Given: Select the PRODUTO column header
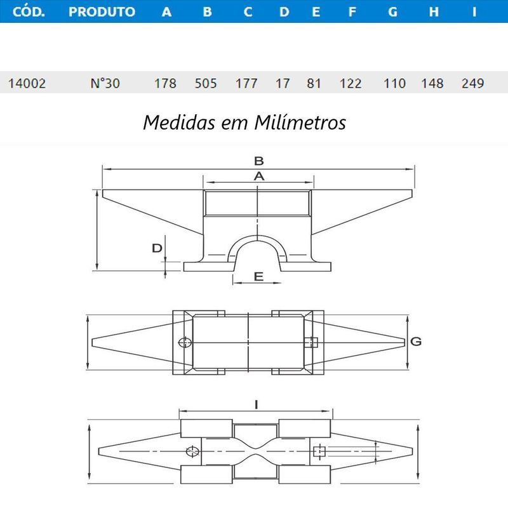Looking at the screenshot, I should pos(102,11).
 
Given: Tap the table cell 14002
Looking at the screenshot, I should pos(26,83).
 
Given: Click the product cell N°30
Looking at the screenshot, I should pos(105,83).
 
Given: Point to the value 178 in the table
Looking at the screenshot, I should pos(166,83).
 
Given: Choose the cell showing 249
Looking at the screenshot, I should pos(473,83).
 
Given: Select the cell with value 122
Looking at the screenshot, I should pos(351,83).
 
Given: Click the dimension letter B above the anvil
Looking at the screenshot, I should pos(258,161).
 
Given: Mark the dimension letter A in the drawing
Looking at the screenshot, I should pos(258,176).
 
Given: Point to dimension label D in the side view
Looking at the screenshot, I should pos(157,248).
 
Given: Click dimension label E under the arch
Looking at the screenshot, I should pos(258,276).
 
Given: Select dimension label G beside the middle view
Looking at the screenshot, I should pos(416,342).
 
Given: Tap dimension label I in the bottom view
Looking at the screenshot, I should pos(256,403).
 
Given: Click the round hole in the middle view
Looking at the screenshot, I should pos(185,343).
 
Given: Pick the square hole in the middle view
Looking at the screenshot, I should pos(312,343).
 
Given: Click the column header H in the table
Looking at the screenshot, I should pos(434,11).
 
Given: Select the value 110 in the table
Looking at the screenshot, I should pos(394,83).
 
